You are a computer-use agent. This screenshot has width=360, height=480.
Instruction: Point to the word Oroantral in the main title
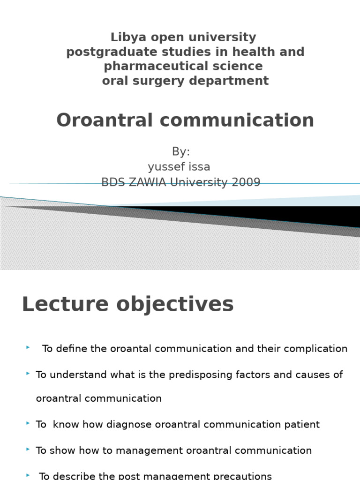pos(105,120)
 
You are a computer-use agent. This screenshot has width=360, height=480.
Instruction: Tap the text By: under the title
pos(180,151)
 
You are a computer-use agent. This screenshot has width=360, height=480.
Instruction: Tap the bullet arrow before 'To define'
pos(28,347)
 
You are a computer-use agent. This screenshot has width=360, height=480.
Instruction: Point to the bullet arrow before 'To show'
pos(29,450)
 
